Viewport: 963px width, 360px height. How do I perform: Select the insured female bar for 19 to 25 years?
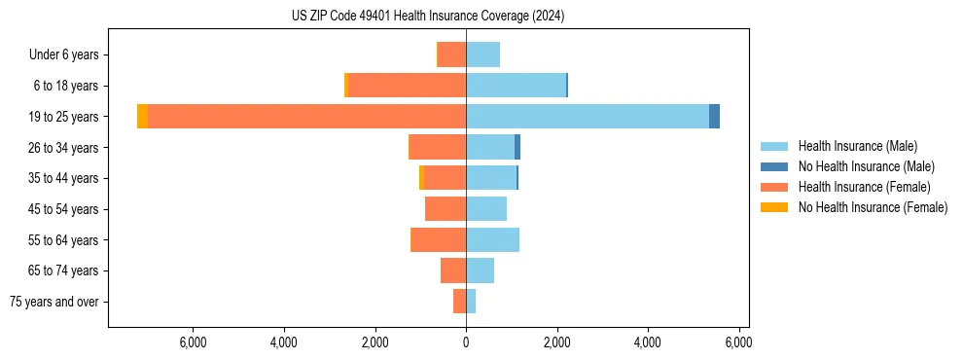306,117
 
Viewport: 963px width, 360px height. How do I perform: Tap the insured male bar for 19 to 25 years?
588,117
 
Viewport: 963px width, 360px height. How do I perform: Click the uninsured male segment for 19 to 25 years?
714,117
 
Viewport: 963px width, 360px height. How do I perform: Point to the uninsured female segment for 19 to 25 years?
143,117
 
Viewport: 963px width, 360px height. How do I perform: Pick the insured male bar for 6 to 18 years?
516,86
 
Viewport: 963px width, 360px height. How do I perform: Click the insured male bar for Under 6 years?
482,54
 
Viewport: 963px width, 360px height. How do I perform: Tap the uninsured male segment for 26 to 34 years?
517,147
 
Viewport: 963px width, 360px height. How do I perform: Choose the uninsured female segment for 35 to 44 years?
421,178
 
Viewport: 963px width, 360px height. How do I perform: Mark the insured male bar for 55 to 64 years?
492,239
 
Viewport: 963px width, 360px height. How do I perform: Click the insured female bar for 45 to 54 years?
446,209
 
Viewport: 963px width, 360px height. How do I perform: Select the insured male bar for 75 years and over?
471,302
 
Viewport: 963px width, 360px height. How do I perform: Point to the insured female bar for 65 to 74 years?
453,270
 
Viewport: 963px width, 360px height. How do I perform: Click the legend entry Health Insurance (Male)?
857,146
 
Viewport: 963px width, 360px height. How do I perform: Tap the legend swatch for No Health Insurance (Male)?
774,166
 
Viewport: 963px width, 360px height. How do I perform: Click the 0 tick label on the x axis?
466,342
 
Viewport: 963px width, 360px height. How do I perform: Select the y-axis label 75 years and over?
53,302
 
